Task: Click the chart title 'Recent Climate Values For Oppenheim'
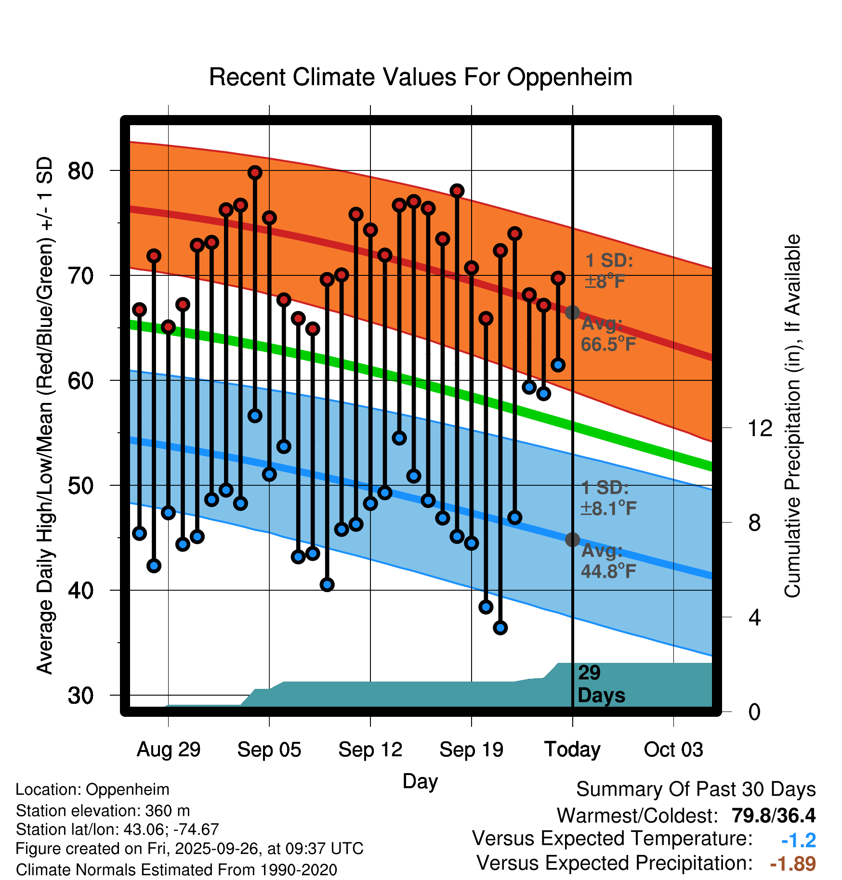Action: (421, 77)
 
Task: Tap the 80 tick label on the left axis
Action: (80, 171)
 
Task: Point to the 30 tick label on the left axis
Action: (80, 696)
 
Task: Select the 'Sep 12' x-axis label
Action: (370, 750)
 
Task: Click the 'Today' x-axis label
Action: (572, 750)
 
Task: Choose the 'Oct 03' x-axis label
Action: (673, 750)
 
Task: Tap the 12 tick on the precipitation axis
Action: (760, 428)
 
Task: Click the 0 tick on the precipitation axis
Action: (755, 712)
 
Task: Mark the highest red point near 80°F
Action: (255, 172)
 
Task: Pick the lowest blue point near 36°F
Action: (500, 628)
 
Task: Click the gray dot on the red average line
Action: (572, 312)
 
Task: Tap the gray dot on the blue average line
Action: (572, 540)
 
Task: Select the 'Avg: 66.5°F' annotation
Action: (608, 334)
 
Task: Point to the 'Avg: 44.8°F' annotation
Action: (608, 561)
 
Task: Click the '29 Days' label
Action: (601, 684)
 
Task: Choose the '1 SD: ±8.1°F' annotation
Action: (608, 498)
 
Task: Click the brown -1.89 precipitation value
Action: (793, 864)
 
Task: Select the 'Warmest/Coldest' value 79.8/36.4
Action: (774, 815)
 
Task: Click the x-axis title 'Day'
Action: (420, 781)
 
